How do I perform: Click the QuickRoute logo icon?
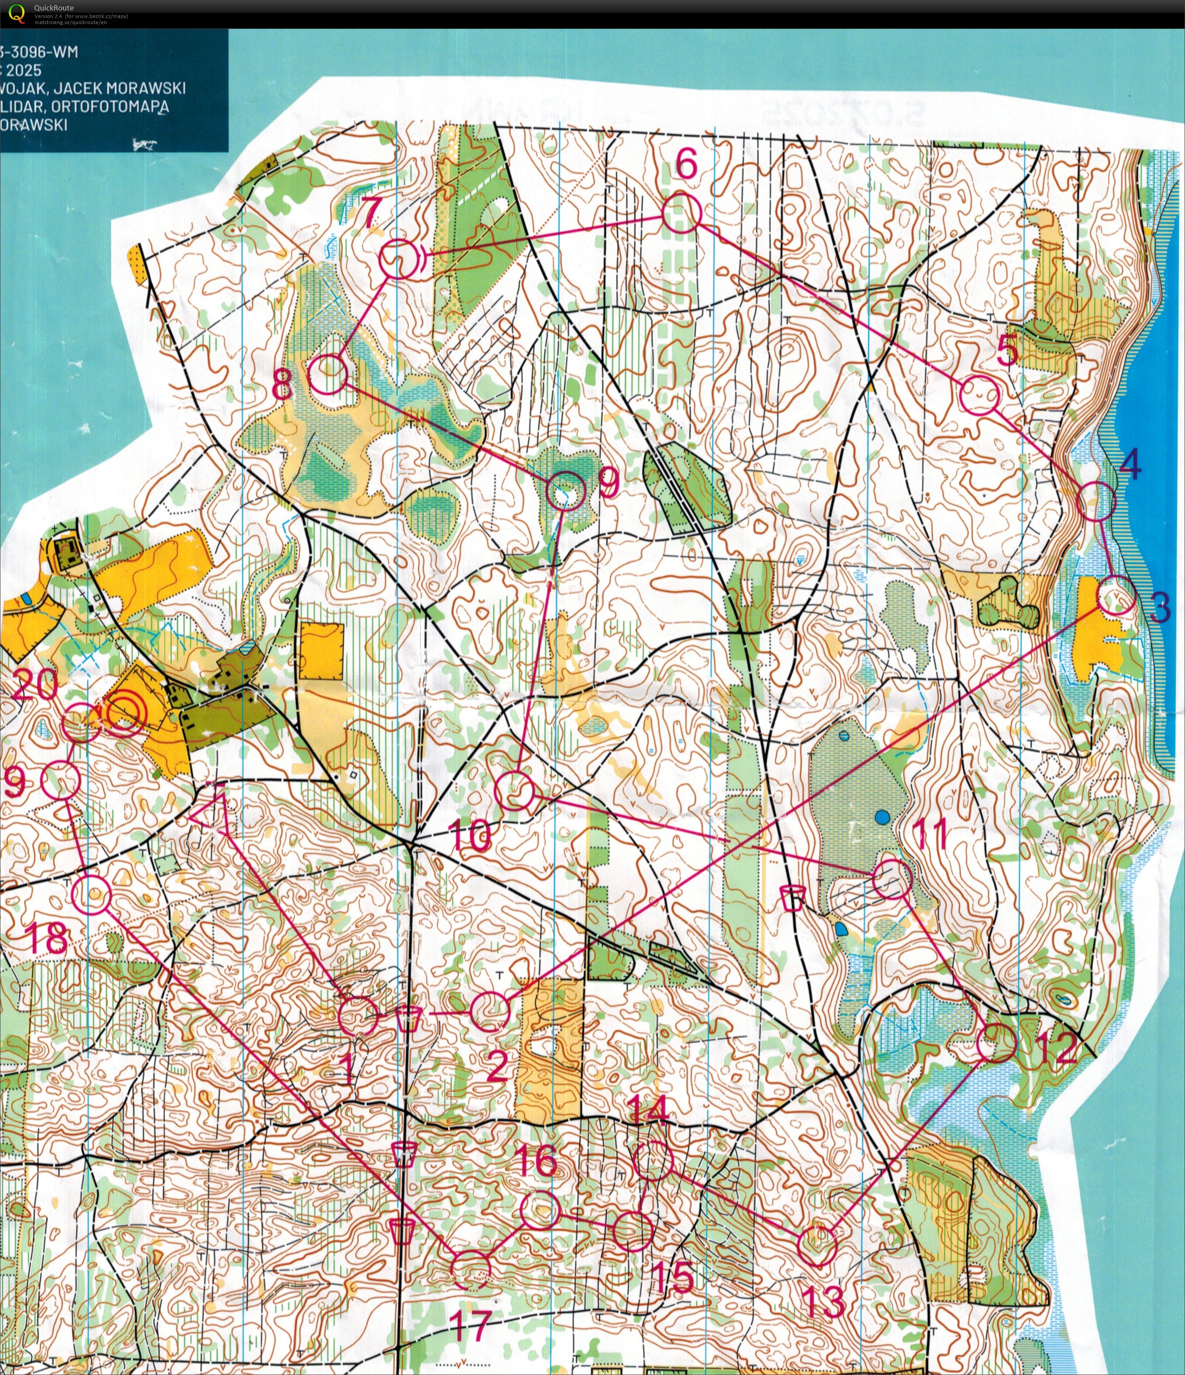[x=17, y=13]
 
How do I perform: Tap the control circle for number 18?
[x=91, y=895]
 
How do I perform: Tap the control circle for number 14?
[x=653, y=1161]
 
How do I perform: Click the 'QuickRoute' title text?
[x=54, y=8]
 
